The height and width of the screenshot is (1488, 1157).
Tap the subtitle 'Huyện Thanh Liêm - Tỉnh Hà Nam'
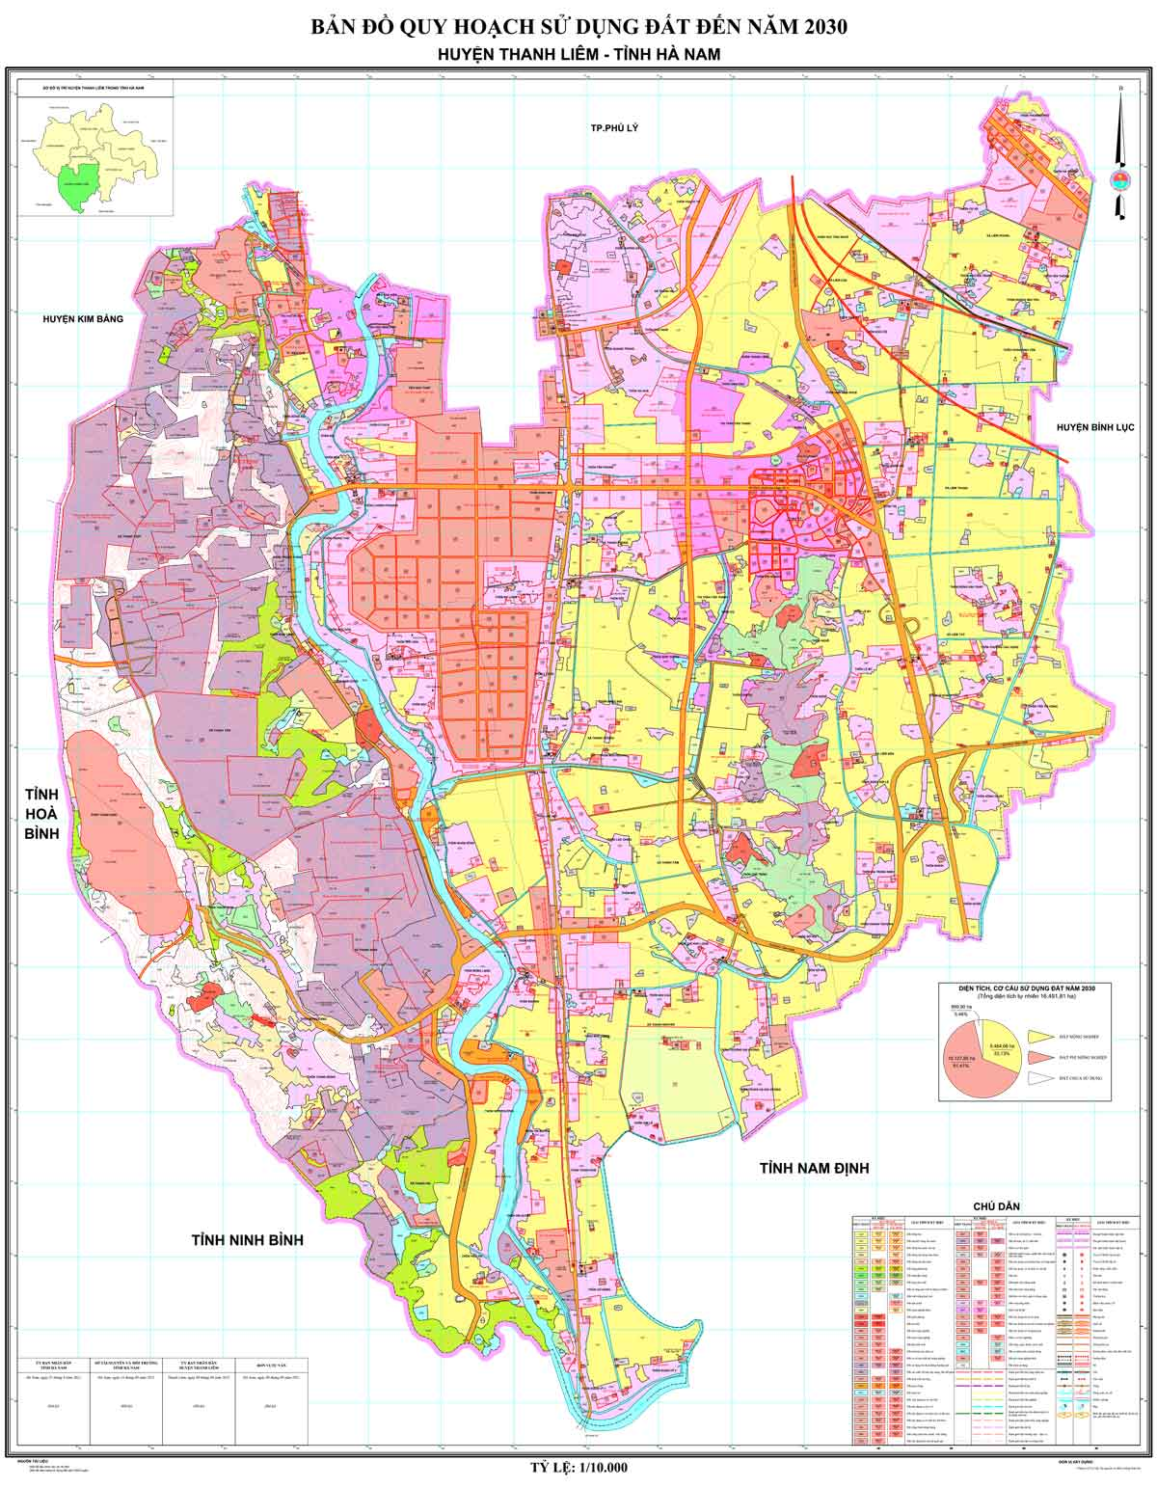578,55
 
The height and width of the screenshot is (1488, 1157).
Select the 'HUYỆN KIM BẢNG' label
83,317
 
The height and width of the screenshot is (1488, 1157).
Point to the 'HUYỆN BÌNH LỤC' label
1097,426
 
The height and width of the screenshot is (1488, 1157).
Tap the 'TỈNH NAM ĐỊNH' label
814,1168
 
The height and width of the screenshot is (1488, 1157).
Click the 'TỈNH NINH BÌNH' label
247,1239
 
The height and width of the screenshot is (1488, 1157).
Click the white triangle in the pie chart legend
1040,1075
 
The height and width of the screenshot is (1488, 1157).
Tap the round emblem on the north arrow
1119,180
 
